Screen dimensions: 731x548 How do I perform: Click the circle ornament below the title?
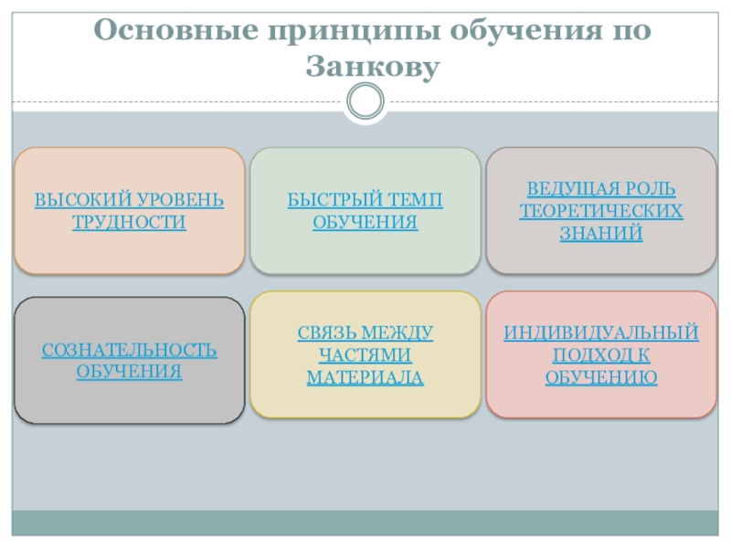pyautogui.click(x=365, y=100)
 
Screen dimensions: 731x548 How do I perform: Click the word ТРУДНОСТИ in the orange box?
pyautogui.click(x=129, y=222)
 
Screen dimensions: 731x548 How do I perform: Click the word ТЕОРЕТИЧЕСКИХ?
pyautogui.click(x=600, y=211)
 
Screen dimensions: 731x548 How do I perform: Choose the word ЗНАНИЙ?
pyautogui.click(x=600, y=233)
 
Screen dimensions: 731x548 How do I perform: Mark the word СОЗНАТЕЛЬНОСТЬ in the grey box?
pyautogui.click(x=129, y=350)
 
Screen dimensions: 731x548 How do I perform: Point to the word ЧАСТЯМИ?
pyautogui.click(x=365, y=355)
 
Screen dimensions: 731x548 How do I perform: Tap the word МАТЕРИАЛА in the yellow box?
pyautogui.click(x=365, y=377)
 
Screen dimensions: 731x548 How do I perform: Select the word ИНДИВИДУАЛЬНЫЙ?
pyautogui.click(x=601, y=333)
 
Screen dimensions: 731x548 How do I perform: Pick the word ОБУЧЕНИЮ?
pyautogui.click(x=601, y=377)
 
